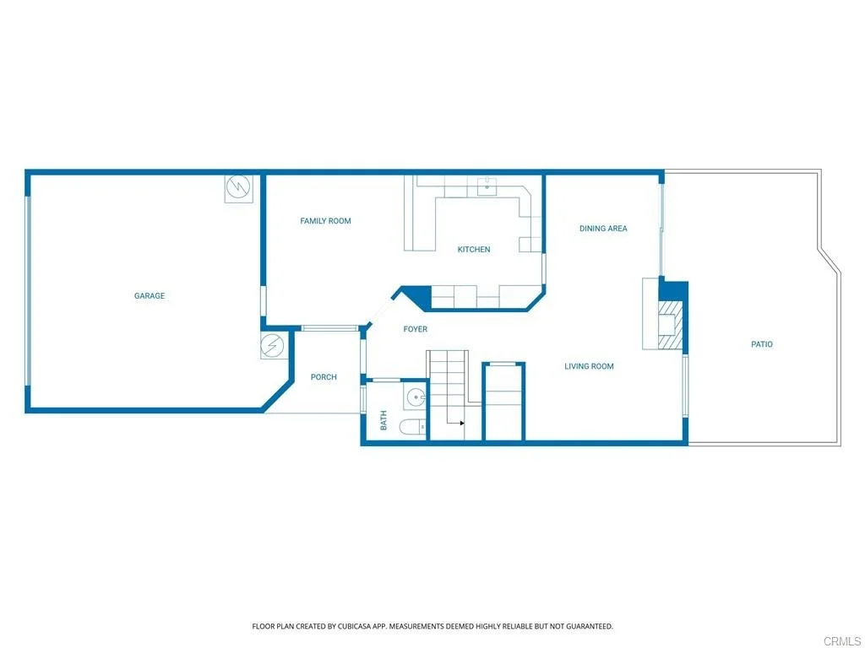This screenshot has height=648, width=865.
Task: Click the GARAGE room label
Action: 150,296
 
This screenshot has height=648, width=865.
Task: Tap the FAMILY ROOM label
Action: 325,221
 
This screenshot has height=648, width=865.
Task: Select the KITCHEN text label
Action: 474,250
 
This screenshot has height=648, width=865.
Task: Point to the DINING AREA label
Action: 603,228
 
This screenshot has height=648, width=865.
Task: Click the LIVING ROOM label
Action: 589,366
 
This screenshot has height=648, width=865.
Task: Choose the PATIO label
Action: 762,344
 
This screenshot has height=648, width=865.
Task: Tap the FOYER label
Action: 416,329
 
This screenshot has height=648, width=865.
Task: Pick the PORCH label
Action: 324,377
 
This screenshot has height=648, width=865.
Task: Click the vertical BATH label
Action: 384,420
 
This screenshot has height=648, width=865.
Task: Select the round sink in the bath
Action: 415,397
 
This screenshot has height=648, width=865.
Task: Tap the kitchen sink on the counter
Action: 487,186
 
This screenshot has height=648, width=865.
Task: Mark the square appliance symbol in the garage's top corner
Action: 239,189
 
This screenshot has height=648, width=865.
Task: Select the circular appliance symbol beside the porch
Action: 272,346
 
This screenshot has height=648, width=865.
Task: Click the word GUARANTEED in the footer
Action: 592,627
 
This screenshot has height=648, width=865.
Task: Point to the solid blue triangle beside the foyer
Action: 416,298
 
